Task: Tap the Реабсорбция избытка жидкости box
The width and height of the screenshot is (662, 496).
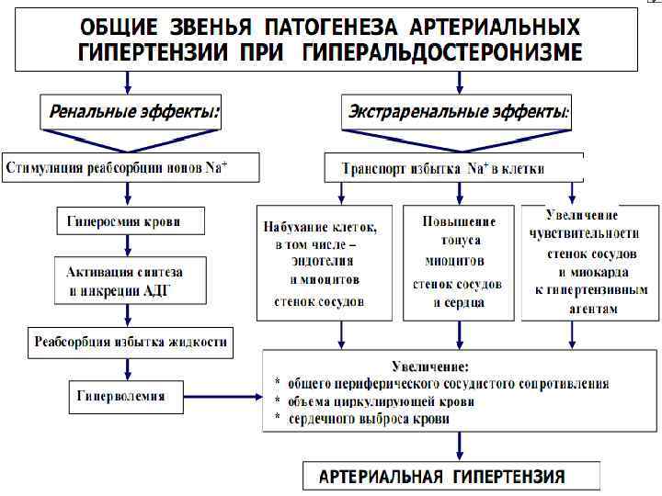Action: [x=129, y=343]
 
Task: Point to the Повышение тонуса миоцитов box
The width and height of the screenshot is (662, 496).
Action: [x=458, y=262]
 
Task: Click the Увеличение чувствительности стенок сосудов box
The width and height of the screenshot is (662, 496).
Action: [x=588, y=262]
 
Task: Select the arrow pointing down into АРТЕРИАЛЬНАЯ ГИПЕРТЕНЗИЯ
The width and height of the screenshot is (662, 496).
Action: [x=457, y=448]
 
